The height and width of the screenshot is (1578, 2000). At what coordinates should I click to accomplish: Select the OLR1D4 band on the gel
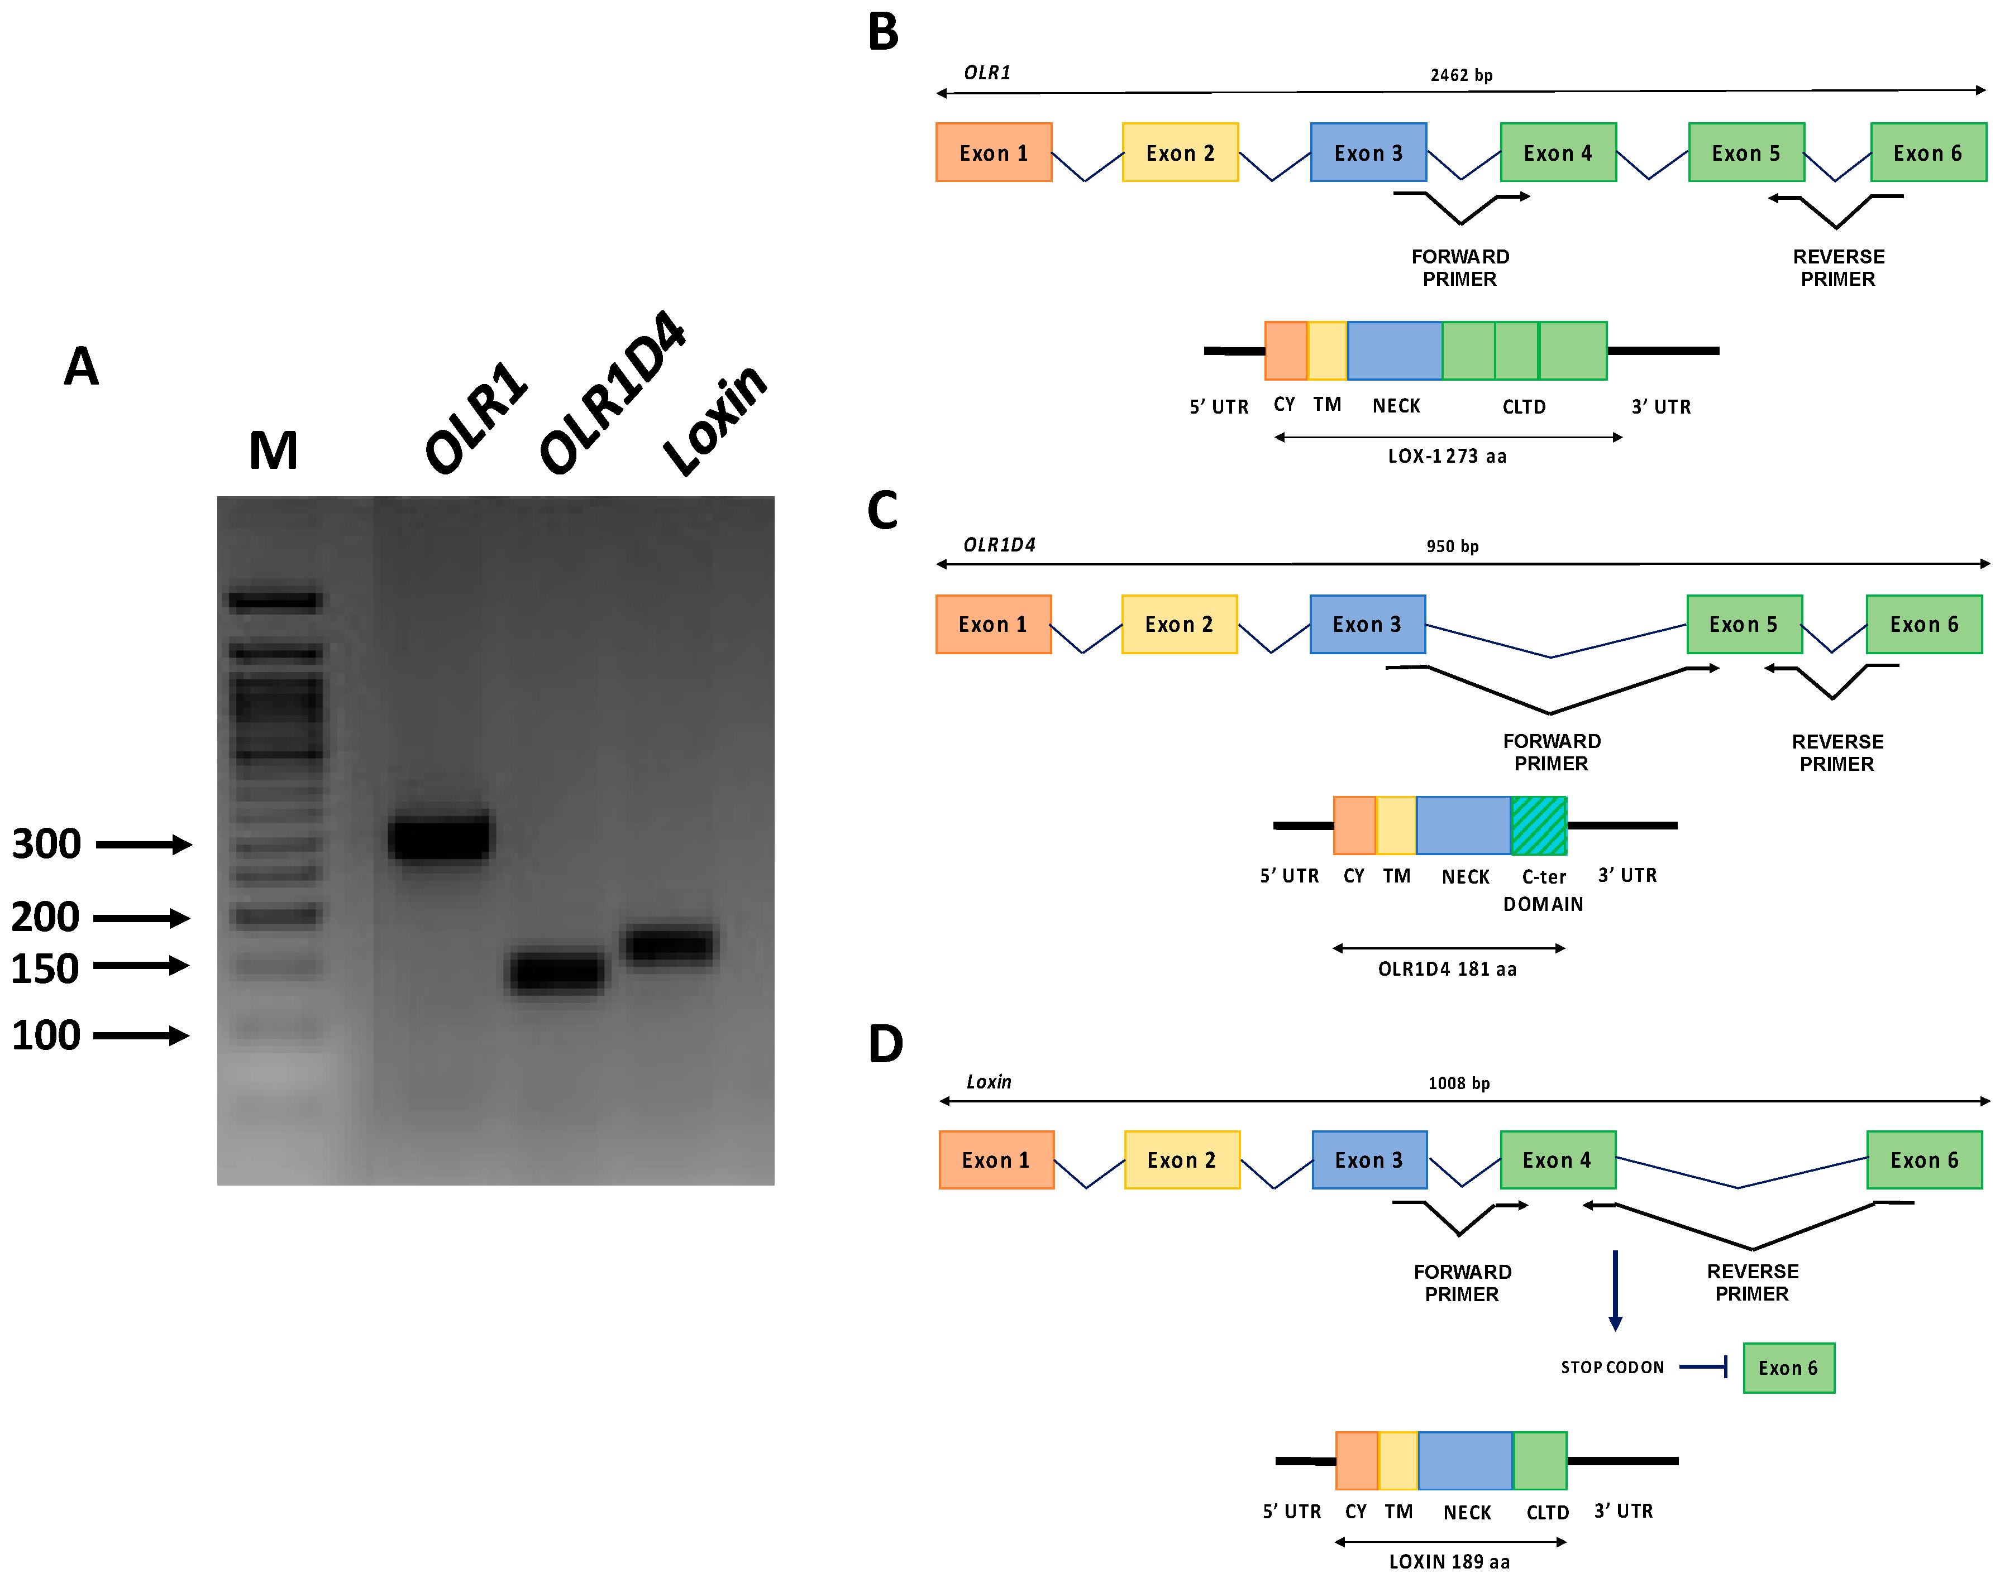coord(557,972)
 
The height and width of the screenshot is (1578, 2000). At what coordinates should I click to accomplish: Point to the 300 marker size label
coord(46,843)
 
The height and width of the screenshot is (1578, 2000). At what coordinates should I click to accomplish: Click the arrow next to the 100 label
coord(141,1035)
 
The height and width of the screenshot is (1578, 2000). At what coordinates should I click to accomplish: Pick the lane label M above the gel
coord(274,451)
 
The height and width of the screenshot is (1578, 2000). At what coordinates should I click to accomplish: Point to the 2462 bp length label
coord(1461,75)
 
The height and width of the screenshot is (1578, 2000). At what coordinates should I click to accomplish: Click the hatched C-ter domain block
coord(1538,825)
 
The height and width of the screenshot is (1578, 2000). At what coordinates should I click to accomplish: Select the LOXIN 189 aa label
coord(1449,1561)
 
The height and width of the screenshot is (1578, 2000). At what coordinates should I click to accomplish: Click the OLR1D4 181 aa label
coord(1447,969)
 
